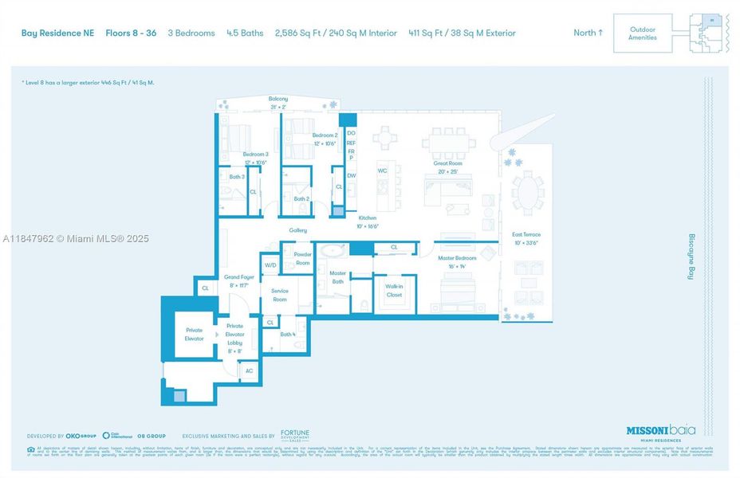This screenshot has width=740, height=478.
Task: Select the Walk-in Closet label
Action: [394, 291]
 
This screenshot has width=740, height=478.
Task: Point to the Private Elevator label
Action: [194, 334]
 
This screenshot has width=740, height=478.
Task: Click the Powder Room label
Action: [302, 259]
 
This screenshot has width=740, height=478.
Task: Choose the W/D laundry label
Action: [270, 264]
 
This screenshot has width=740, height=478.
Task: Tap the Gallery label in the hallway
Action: [297, 230]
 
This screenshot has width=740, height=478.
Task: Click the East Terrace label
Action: [526, 238]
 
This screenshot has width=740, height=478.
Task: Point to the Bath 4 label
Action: [288, 335]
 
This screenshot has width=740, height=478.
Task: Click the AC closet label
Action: [249, 370]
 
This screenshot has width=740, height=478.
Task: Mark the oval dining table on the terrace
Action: [526, 192]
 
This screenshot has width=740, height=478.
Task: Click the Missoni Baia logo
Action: [659, 431]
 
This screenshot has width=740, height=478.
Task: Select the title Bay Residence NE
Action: [57, 33]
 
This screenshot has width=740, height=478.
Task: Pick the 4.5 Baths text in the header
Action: [244, 33]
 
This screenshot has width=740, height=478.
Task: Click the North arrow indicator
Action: [588, 33]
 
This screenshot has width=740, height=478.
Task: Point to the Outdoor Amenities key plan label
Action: [642, 33]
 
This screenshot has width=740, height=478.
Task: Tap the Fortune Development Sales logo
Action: [294, 436]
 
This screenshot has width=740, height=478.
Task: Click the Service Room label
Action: [279, 295]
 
